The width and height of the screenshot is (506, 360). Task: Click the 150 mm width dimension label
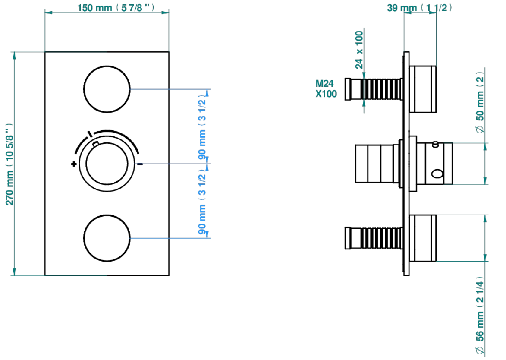(x=116, y=8)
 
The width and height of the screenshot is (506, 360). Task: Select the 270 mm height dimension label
(x=9, y=164)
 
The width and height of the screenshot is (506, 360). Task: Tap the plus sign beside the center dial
(x=74, y=164)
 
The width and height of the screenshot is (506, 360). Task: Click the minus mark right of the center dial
(x=140, y=164)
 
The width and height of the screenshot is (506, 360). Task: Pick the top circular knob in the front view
(x=107, y=89)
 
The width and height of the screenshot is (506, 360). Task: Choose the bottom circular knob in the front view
(x=107, y=238)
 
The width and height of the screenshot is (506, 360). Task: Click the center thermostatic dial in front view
(x=107, y=164)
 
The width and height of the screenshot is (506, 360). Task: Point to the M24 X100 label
(x=326, y=89)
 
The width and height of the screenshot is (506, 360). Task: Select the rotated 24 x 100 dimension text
(x=359, y=50)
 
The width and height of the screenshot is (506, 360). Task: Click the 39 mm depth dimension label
(x=419, y=8)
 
